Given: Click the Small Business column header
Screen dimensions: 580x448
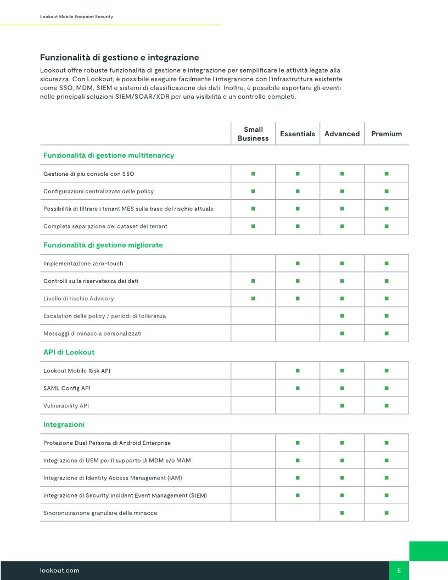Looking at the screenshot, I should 253,134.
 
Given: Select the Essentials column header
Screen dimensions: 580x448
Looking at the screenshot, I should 298,134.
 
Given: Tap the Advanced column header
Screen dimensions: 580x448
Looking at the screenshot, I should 342,134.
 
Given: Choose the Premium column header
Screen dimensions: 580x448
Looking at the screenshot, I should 387,134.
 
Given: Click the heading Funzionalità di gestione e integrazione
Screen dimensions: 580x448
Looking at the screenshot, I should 120,58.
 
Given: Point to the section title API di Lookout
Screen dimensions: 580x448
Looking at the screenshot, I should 65,352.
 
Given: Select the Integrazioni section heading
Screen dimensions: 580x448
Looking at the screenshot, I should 64,425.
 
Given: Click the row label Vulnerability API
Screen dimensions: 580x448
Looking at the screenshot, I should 66,405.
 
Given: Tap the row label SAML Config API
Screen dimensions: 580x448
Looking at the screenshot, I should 67,388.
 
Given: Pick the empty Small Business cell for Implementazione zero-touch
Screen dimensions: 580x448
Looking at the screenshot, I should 253,264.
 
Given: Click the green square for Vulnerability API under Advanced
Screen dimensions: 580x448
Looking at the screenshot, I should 342,405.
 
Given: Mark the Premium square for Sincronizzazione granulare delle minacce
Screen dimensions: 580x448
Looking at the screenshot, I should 387,512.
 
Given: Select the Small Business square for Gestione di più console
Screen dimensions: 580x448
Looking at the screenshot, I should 253,174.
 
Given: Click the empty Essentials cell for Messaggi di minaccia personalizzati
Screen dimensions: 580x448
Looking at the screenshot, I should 298,333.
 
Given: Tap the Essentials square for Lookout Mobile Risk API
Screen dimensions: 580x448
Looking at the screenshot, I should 298,371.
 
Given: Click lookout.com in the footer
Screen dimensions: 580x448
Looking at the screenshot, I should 59,571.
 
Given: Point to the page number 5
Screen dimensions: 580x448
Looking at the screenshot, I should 399,571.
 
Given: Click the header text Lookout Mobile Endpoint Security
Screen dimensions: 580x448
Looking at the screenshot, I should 76,17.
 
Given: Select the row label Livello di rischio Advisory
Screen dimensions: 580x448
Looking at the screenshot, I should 79,298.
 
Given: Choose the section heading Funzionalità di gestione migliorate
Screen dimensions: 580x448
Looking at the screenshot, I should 103,245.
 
